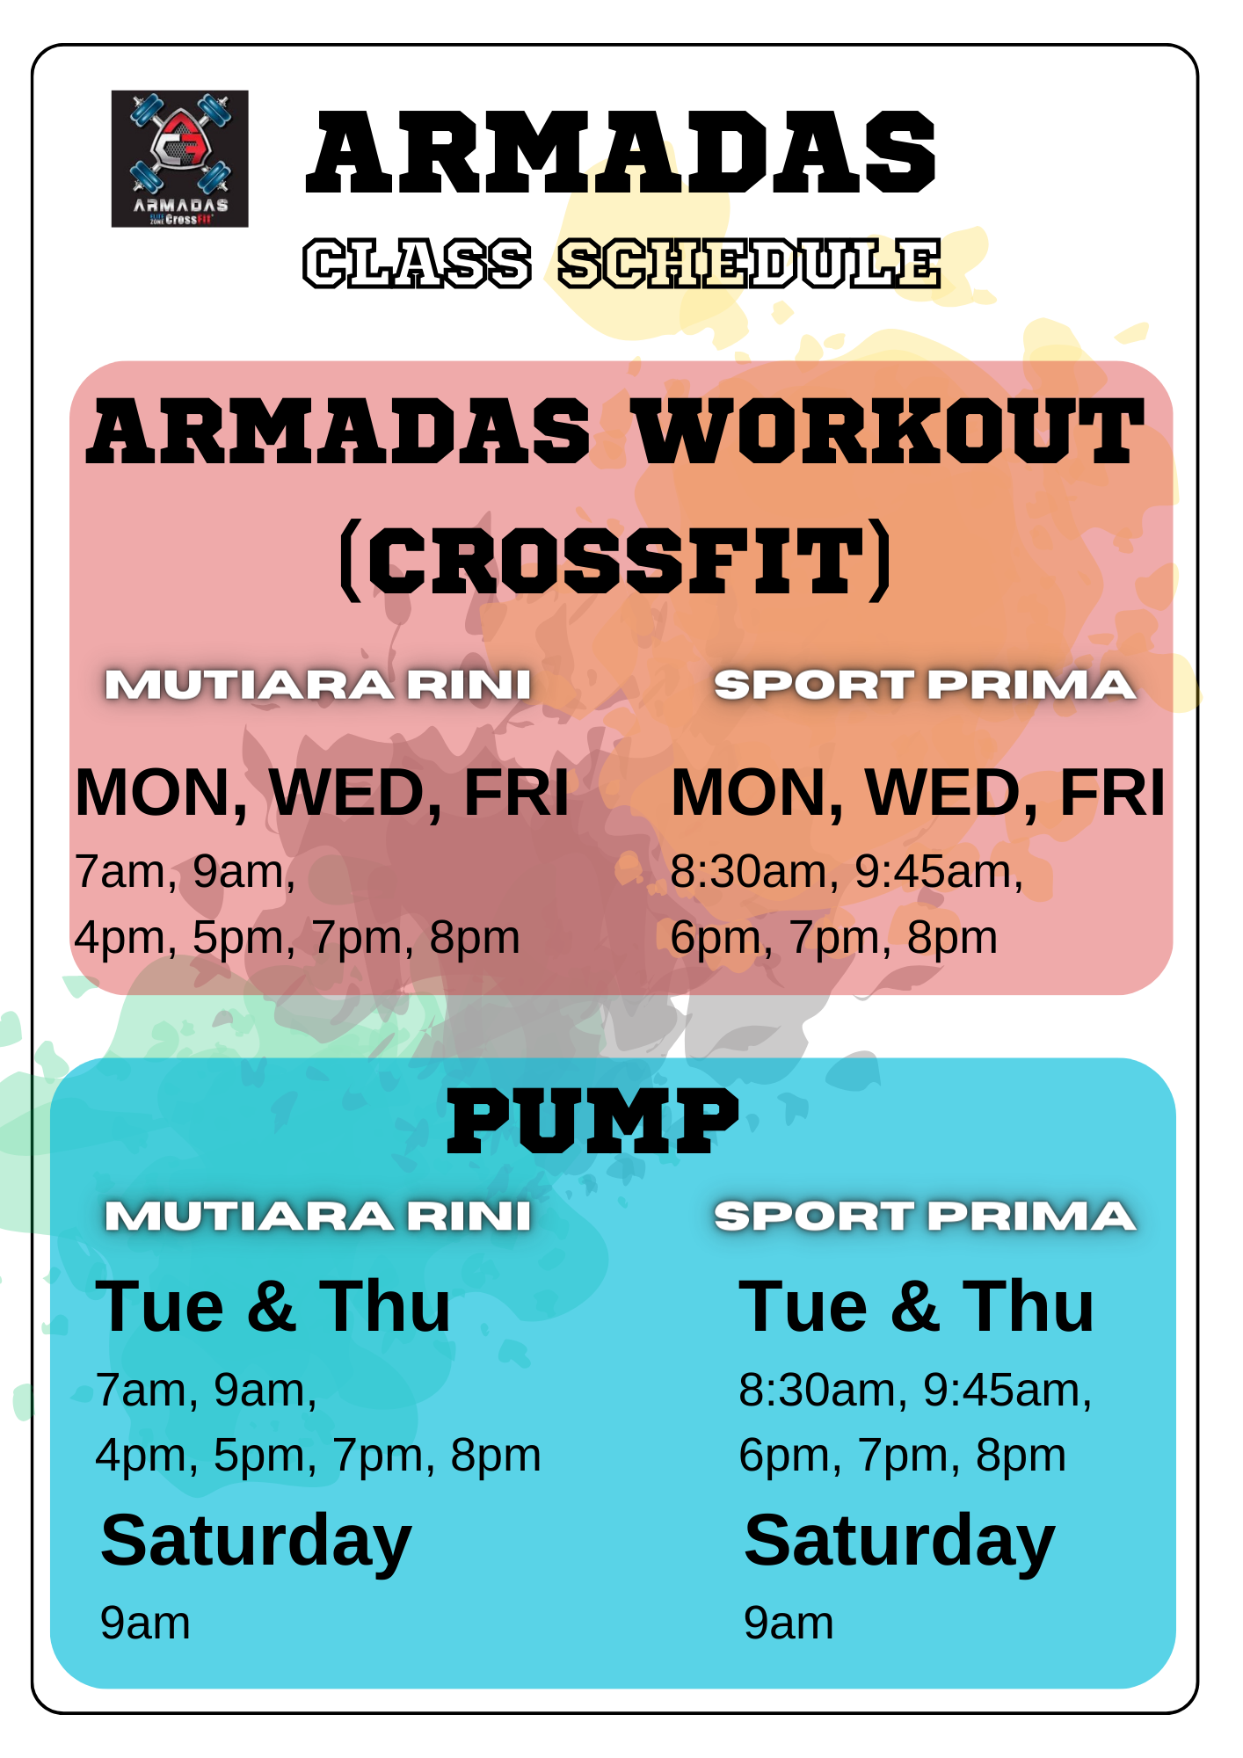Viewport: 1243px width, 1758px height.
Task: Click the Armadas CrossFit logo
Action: coord(179,159)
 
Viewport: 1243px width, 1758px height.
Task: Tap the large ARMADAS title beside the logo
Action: coord(621,153)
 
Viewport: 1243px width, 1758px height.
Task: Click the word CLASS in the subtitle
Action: coord(418,263)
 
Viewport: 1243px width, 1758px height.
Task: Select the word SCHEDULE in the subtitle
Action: coord(750,263)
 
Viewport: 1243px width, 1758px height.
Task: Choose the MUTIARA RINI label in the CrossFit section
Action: coord(317,685)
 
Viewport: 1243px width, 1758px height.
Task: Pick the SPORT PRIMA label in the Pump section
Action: coord(925,1217)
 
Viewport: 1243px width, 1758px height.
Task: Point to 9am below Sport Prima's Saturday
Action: coord(789,1623)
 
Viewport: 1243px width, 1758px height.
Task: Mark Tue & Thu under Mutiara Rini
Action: coord(273,1307)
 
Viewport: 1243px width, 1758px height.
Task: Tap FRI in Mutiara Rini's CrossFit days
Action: coord(516,793)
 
